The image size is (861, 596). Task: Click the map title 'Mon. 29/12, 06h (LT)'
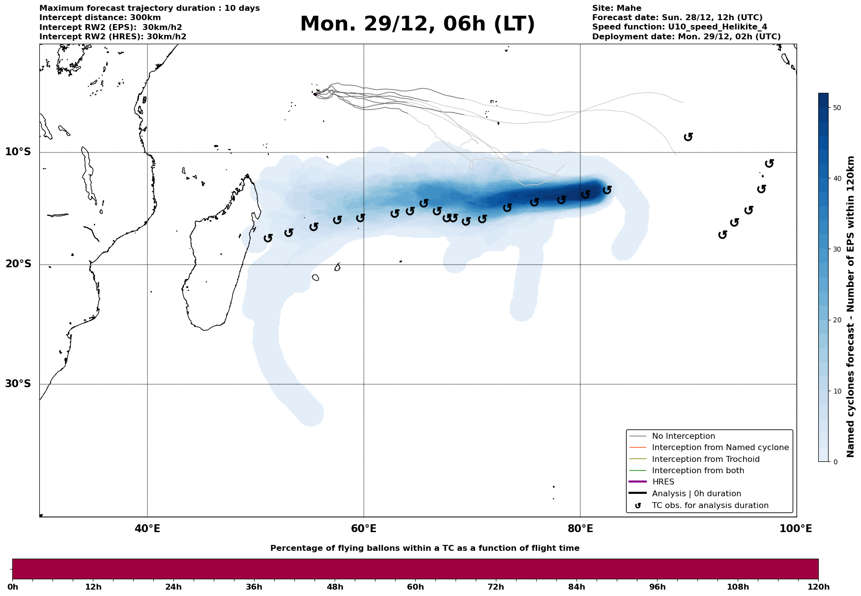417,25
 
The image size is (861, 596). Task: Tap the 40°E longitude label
147,529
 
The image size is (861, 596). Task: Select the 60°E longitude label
364,529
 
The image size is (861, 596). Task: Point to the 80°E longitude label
580,529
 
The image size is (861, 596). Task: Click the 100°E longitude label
796,529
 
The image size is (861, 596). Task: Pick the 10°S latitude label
18,152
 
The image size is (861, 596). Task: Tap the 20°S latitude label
18,264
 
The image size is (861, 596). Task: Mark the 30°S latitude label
18,384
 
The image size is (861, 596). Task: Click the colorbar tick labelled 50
837,108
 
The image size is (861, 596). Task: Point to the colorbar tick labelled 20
837,320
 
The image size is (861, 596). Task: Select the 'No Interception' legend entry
683,436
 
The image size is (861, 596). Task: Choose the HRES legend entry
663,482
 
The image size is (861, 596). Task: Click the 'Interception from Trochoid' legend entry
705,459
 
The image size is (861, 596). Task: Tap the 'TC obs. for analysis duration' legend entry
710,506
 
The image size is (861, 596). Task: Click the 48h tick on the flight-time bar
335,587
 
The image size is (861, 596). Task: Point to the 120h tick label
818,587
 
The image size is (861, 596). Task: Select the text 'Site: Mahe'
616,8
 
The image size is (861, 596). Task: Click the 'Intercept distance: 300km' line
100,18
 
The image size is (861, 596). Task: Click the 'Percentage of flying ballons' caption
425,548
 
